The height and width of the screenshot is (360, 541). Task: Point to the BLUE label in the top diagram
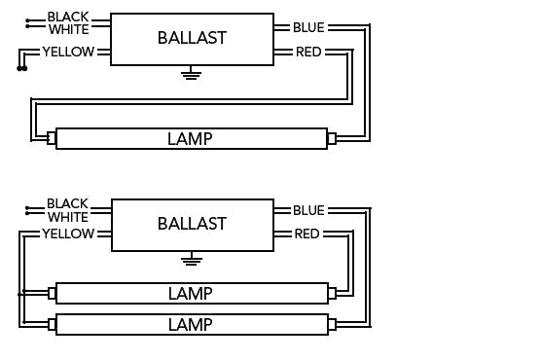tap(308, 27)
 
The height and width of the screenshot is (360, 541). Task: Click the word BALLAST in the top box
tap(192, 38)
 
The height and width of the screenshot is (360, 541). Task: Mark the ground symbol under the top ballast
tap(192, 72)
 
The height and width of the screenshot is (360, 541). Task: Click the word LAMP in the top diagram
tap(190, 139)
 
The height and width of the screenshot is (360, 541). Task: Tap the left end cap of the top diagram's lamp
tap(52, 139)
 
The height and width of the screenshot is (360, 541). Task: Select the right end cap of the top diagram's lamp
tap(331, 139)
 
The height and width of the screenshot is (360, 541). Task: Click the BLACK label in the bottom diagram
tap(67, 204)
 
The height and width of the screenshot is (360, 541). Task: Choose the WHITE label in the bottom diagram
tap(67, 217)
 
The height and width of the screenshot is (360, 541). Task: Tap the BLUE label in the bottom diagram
tap(308, 210)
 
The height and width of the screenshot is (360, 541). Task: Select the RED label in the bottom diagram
tap(307, 234)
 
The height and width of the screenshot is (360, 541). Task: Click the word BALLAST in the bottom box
tap(192, 224)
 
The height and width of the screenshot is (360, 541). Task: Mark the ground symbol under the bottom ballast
tap(192, 258)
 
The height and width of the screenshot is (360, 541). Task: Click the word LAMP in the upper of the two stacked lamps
tap(190, 293)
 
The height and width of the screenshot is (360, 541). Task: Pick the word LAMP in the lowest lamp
tap(190, 323)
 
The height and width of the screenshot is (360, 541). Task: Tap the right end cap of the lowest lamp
tap(331, 323)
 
